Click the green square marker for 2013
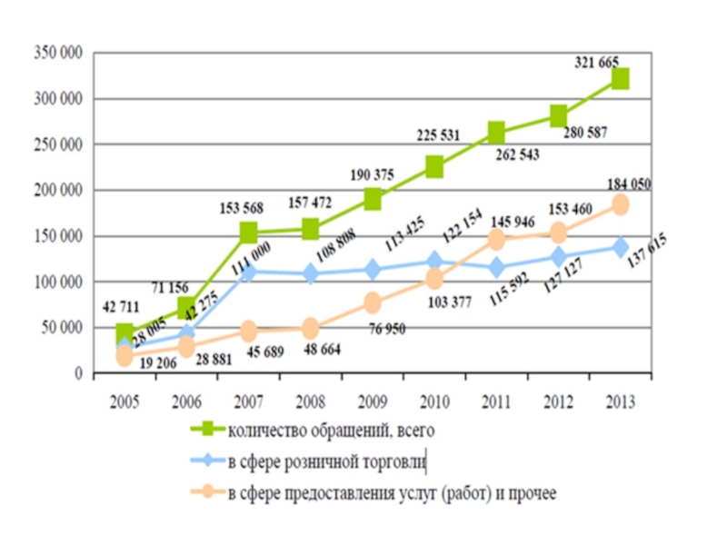620,79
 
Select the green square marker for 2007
248,233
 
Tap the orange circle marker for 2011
496,240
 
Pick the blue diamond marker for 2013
620,247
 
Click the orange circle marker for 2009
373,302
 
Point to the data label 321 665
597,62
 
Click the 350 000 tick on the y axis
58,53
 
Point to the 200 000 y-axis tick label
58,190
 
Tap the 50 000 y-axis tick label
62,327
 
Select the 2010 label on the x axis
434,402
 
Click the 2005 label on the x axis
124,402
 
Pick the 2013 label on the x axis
620,402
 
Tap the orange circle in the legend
209,492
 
